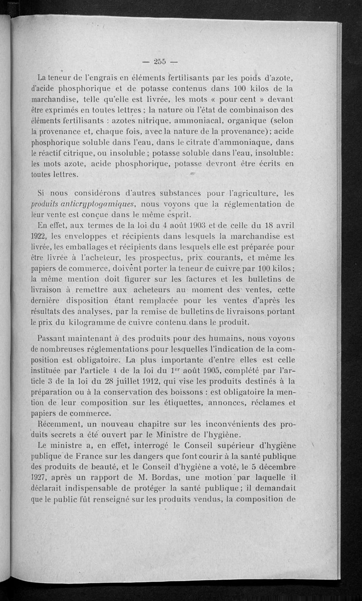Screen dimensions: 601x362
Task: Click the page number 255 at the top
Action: pos(161,62)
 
